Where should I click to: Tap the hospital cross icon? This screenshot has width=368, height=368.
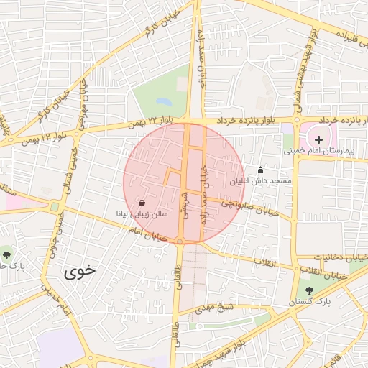319,137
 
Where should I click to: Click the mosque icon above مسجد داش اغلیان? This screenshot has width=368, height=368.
260,170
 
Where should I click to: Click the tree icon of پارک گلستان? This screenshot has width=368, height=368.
310,290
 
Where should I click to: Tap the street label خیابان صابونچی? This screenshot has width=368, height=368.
248,206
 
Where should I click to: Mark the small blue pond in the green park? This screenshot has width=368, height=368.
164,103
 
